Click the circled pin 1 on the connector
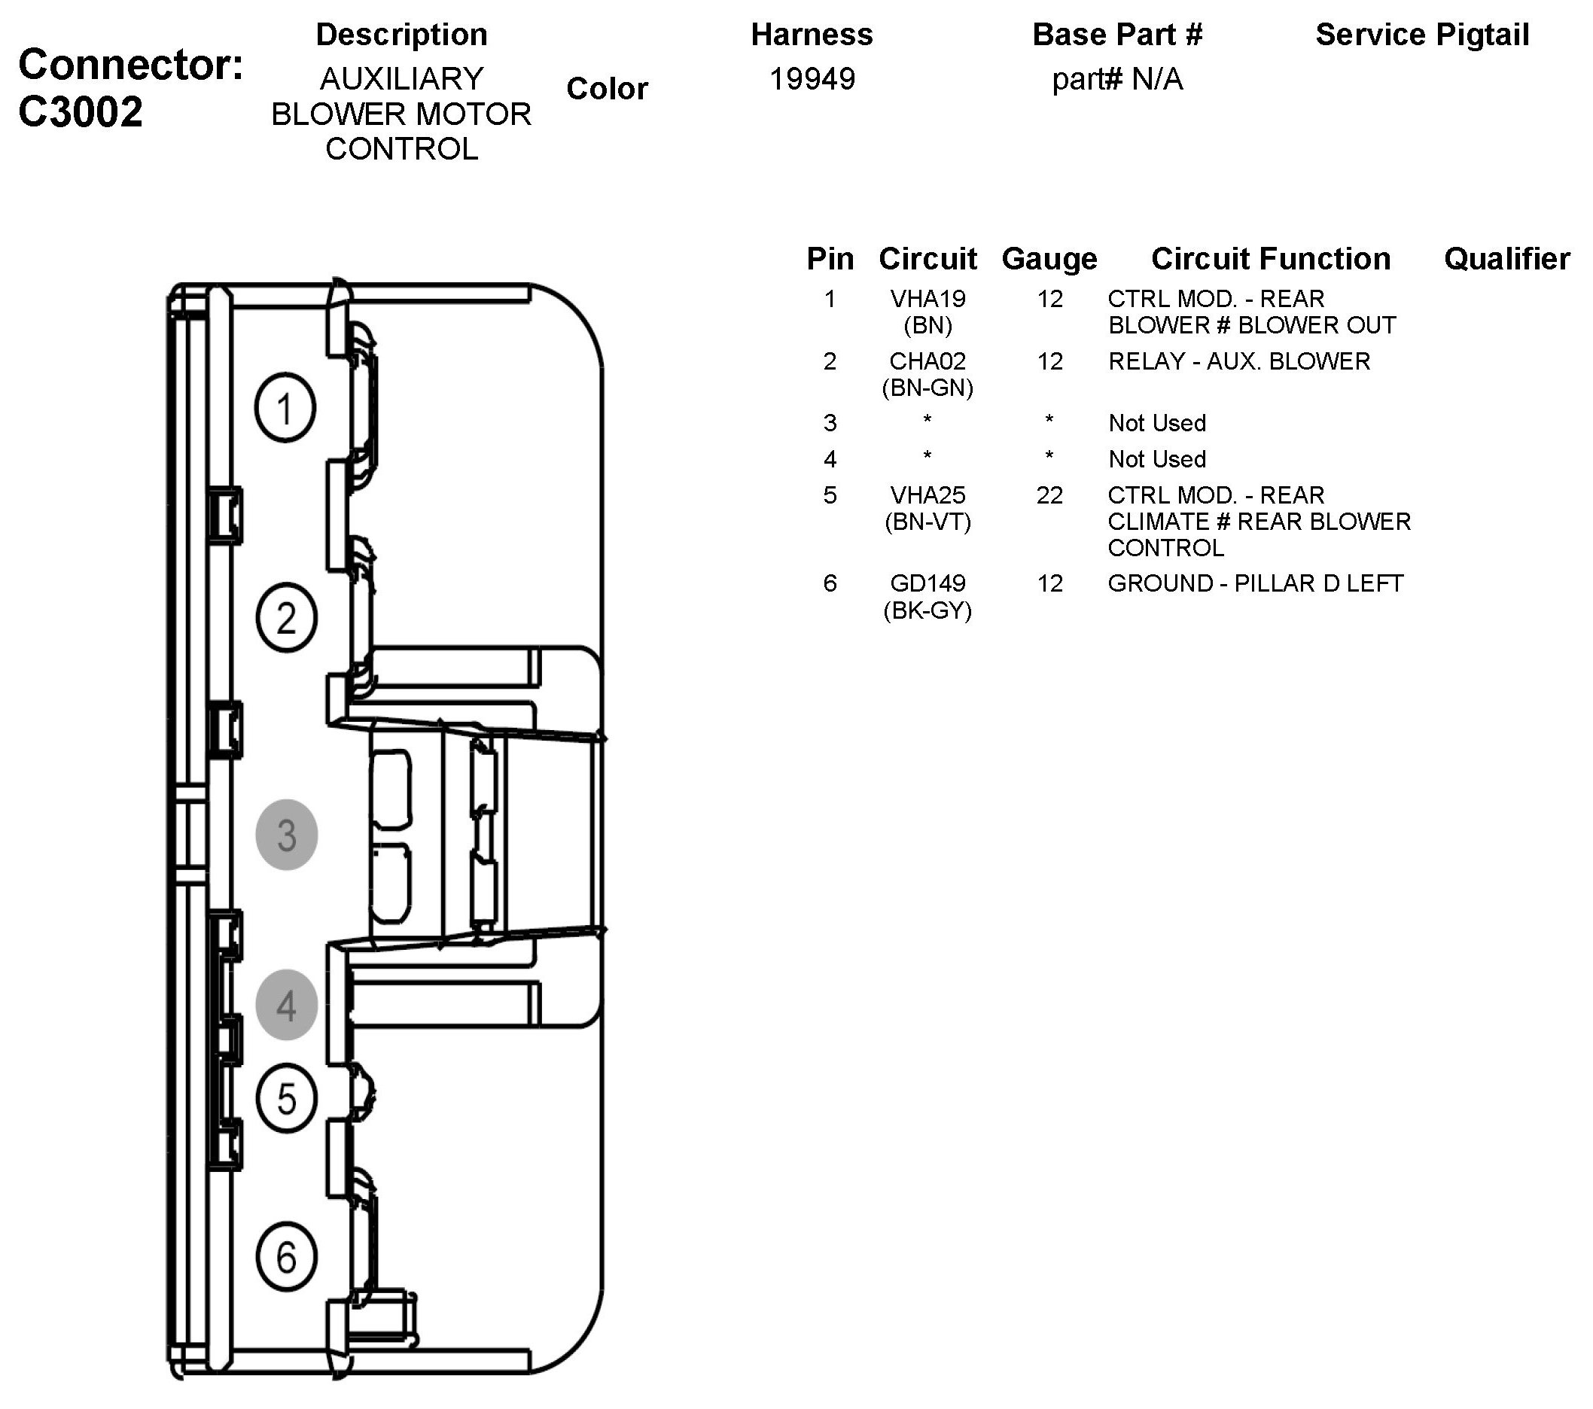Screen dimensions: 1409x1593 pyautogui.click(x=285, y=408)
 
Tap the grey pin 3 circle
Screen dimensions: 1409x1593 pyautogui.click(x=286, y=835)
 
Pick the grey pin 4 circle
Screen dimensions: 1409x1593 pyautogui.click(x=286, y=1005)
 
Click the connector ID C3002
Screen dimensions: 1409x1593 pyautogui.click(x=81, y=111)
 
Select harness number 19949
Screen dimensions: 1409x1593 pyautogui.click(x=812, y=79)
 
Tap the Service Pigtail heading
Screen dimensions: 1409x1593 pyautogui.click(x=1422, y=35)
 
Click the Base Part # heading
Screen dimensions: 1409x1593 pyautogui.click(x=1116, y=35)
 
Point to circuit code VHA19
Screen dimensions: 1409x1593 pyautogui.click(x=927, y=299)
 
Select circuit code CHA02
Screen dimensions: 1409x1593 pyautogui.click(x=927, y=361)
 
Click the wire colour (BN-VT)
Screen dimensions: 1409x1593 pyautogui.click(x=927, y=522)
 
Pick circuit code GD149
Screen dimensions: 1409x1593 pyautogui.click(x=927, y=583)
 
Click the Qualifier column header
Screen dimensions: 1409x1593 pyautogui.click(x=1506, y=259)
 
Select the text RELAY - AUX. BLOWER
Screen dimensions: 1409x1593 pyautogui.click(x=1238, y=361)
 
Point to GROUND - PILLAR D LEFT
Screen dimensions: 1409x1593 pyautogui.click(x=1255, y=583)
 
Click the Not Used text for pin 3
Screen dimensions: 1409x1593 pyautogui.click(x=1156, y=423)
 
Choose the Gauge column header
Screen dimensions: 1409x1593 pyautogui.click(x=1049, y=259)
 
